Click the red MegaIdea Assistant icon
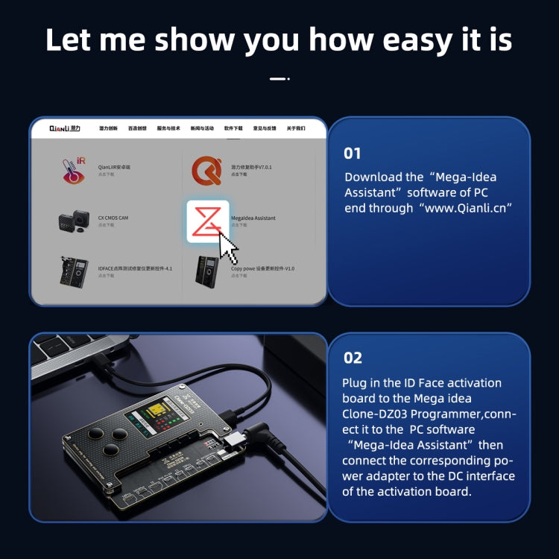point(207,221)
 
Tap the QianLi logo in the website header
point(64,128)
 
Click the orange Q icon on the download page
point(206,171)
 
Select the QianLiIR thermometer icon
point(73,171)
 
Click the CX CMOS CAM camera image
point(73,221)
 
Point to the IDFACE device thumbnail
point(73,271)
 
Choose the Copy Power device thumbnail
point(207,271)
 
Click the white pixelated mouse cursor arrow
point(230,247)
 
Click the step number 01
point(352,154)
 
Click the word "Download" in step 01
point(371,177)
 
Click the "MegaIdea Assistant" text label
point(253,218)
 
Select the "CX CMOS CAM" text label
point(113,218)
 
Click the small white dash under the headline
point(277,78)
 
